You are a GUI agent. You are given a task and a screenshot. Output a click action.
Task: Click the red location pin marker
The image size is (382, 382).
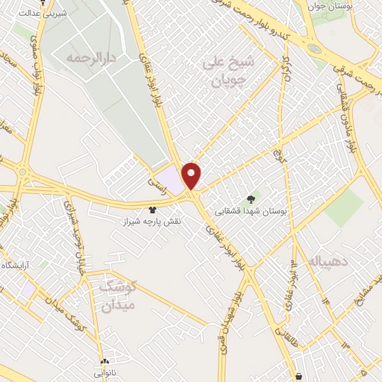192,175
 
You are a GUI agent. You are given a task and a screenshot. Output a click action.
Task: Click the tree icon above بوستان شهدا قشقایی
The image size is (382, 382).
250,199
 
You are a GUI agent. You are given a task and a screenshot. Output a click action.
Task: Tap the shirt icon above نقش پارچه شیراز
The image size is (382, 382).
153,211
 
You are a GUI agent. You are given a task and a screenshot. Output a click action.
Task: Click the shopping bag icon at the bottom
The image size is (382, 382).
300,376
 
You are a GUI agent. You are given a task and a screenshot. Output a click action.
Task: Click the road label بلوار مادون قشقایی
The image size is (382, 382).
342,109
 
